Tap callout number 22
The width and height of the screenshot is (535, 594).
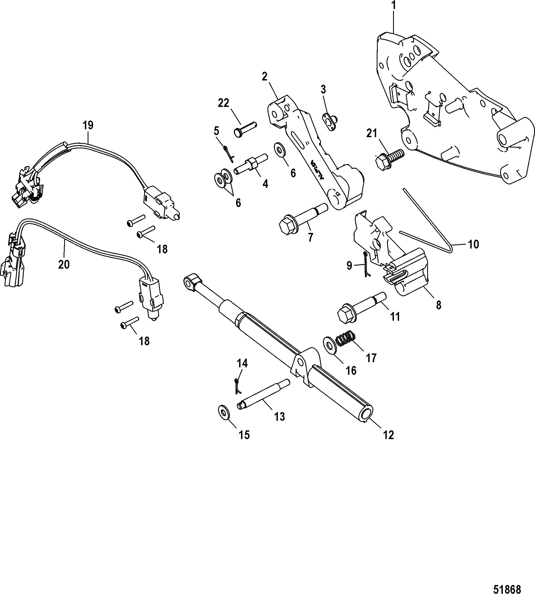[x=223, y=103]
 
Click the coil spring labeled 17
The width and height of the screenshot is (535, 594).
[x=345, y=338]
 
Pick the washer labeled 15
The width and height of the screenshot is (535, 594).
[x=224, y=412]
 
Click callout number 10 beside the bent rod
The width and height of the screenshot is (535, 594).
[x=473, y=244]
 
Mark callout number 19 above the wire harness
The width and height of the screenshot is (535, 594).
[x=88, y=125]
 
